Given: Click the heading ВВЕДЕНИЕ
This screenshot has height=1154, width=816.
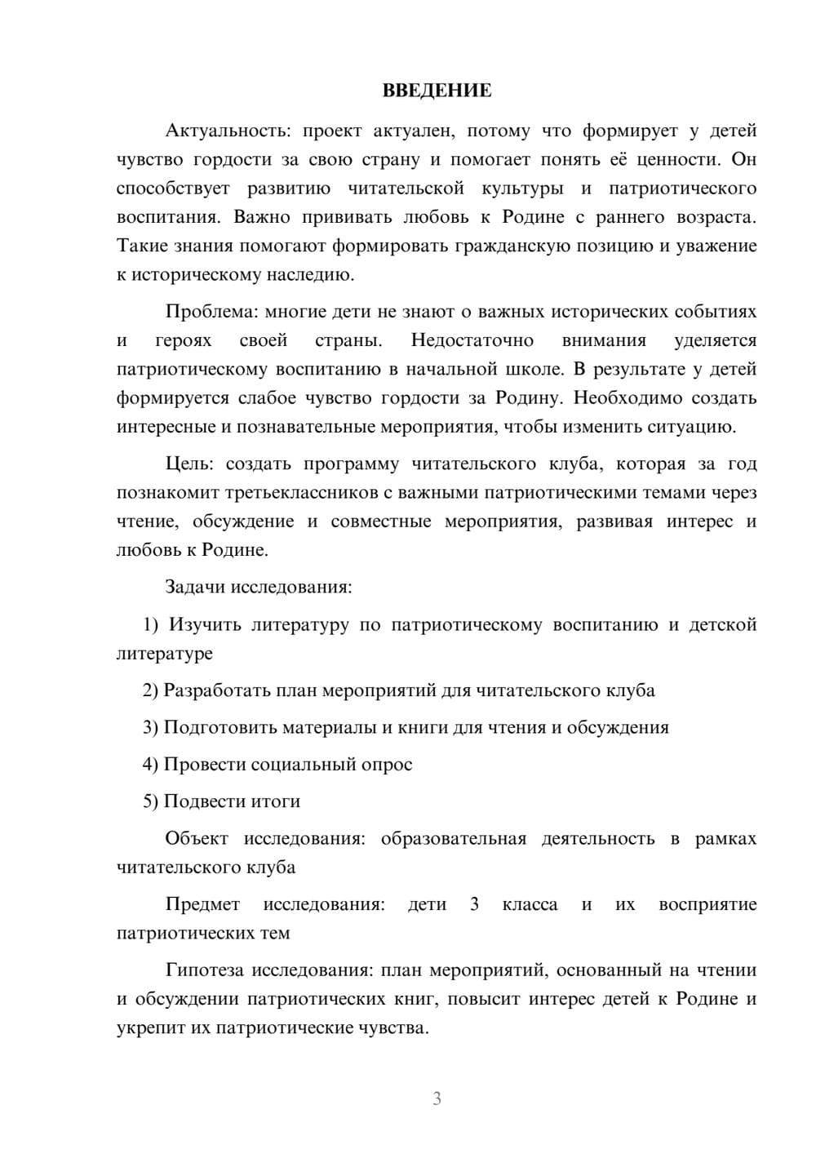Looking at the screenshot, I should pyautogui.click(x=437, y=91).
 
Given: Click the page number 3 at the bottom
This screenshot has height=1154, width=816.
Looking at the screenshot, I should pyautogui.click(x=437, y=1099).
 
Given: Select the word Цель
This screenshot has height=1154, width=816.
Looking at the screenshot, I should pyautogui.click(x=188, y=464).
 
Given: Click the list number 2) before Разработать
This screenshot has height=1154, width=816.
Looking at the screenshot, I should pyautogui.click(x=150, y=691).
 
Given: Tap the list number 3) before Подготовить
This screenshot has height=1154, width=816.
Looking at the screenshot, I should pyautogui.click(x=150, y=728).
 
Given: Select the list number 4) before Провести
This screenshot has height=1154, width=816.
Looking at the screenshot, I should pyautogui.click(x=150, y=765).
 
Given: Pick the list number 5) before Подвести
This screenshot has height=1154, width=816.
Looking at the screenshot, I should pyautogui.click(x=150, y=801).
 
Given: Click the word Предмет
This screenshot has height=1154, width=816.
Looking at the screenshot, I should pyautogui.click(x=202, y=904).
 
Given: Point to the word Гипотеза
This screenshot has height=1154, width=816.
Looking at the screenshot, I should pyautogui.click(x=205, y=970).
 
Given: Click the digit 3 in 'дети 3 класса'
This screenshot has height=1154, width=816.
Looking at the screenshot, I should pyautogui.click(x=474, y=904).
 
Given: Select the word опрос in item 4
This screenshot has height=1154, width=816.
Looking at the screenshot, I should pyautogui.click(x=387, y=765).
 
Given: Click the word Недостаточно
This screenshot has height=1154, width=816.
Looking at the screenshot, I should pyautogui.click(x=472, y=340).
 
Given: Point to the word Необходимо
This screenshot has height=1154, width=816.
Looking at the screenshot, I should pyautogui.click(x=636, y=398).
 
